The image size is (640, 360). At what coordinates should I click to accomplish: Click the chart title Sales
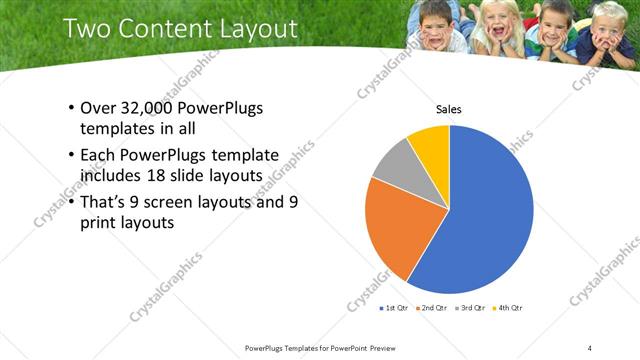coord(448,109)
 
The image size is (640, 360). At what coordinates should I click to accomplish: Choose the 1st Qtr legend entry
coord(397,310)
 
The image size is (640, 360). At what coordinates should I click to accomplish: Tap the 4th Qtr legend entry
coord(510,310)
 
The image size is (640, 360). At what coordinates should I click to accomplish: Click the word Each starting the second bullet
coord(97,155)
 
